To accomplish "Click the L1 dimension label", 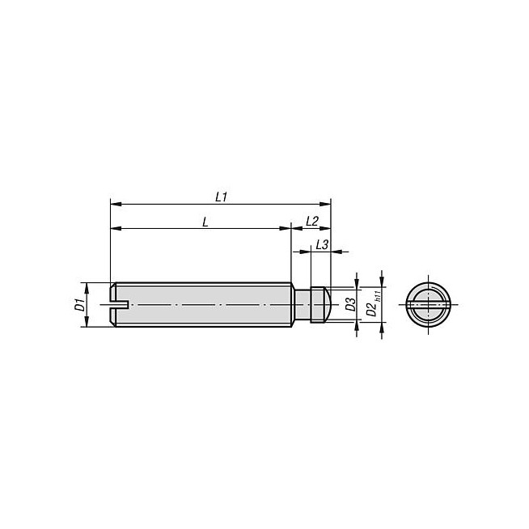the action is (222, 197).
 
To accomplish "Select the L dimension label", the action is (205, 222).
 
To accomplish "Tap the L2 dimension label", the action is (312, 222).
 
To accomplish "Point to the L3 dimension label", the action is (322, 244).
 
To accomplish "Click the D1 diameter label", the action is (79, 305).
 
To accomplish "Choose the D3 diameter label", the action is (350, 305).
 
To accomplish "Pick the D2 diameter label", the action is (371, 309).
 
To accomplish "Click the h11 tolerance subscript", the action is (378, 295).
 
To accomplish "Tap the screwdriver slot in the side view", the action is (120, 305).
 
